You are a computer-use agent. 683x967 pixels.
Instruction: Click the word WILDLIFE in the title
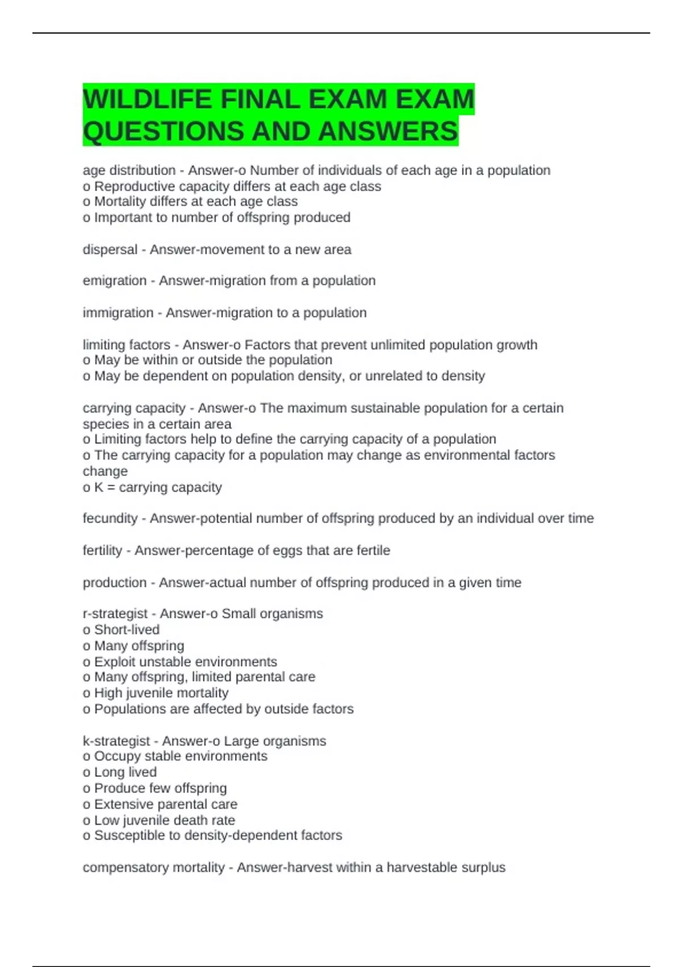[x=147, y=100]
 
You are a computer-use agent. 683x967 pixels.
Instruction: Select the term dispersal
[x=110, y=250]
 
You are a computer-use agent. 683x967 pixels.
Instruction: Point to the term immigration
[x=118, y=313]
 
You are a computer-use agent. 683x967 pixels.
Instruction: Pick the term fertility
[x=102, y=551]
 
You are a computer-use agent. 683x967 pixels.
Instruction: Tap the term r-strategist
[x=115, y=614]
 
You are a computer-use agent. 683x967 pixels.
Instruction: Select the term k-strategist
[x=116, y=741]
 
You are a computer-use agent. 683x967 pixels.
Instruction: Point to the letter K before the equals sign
[x=99, y=487]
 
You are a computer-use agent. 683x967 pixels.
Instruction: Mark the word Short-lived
[x=127, y=630]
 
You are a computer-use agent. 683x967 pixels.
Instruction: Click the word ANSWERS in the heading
[x=388, y=131]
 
